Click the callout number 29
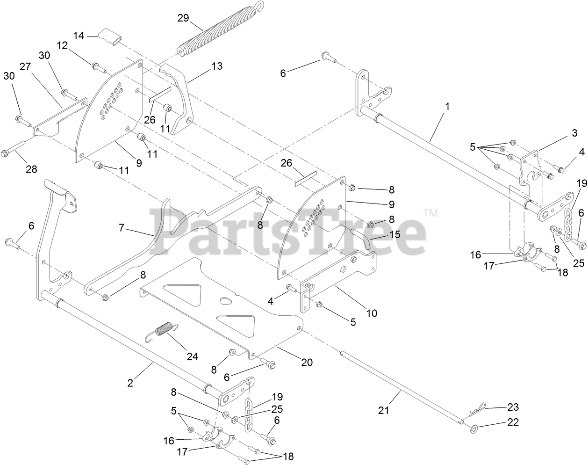[x=183, y=18]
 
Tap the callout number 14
[x=79, y=35]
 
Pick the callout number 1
[x=447, y=107]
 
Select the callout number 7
[x=122, y=228]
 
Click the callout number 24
[x=192, y=356]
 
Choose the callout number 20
[x=307, y=362]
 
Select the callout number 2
[x=130, y=383]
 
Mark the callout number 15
[x=395, y=234]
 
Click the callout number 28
[x=31, y=169]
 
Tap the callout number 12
[x=62, y=45]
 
